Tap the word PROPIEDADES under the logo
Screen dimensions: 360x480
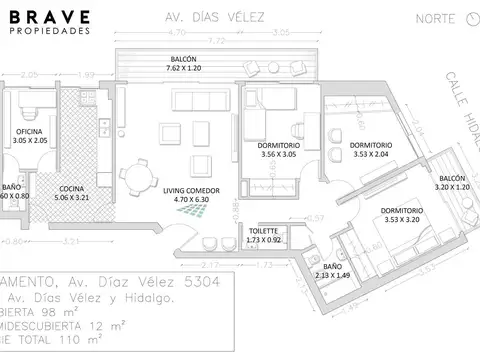pyautogui.click(x=49, y=31)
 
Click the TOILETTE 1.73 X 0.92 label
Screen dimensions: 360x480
pyautogui.click(x=266, y=236)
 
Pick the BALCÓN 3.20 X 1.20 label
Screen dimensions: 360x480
pyautogui.click(x=452, y=181)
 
